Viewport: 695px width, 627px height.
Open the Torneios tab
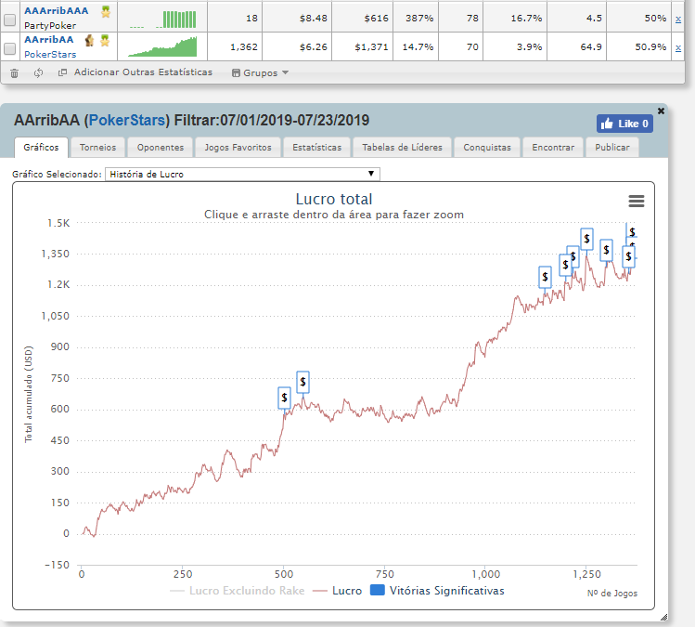(97, 147)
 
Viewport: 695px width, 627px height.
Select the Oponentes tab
(160, 147)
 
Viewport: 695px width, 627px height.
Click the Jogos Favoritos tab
(238, 147)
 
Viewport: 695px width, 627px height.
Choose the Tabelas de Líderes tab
(403, 147)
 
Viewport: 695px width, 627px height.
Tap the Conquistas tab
(487, 147)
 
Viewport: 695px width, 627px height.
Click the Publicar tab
(612, 147)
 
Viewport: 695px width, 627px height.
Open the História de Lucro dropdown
(242, 174)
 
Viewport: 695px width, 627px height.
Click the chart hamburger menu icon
(636, 201)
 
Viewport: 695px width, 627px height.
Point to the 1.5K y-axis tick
(58, 223)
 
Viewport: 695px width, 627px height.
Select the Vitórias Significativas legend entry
(437, 590)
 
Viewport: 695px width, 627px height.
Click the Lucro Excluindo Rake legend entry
(239, 590)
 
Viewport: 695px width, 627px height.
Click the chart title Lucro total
(333, 199)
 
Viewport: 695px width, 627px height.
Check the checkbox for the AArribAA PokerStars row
(10, 46)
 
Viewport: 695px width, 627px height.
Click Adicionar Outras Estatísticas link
(135, 72)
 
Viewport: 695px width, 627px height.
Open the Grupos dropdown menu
(260, 72)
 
